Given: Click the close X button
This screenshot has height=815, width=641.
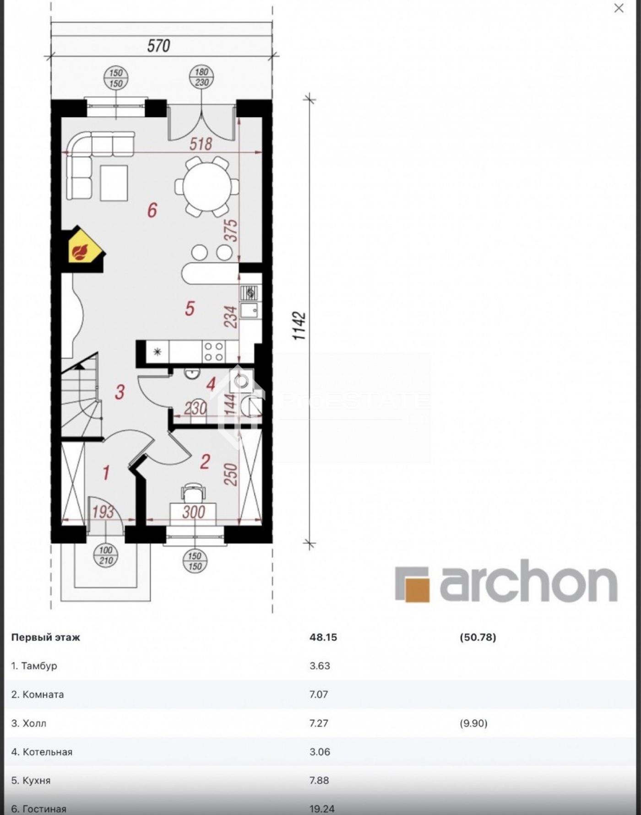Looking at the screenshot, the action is click(x=619, y=8).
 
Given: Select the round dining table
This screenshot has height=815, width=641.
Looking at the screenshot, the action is click(x=207, y=187).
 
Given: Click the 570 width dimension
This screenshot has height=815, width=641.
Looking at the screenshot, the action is click(x=158, y=46).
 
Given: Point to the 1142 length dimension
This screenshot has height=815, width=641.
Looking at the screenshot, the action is click(x=299, y=326).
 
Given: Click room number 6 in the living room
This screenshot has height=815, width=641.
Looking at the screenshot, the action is click(x=152, y=210).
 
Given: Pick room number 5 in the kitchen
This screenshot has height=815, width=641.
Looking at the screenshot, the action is click(x=190, y=308).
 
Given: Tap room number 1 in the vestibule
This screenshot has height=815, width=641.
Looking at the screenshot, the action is click(x=106, y=473).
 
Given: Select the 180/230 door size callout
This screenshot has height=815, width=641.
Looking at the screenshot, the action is click(x=201, y=77).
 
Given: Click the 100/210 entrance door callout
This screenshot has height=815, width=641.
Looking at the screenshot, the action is click(x=106, y=555).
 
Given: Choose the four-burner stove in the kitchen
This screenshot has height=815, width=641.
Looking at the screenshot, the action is click(x=213, y=352).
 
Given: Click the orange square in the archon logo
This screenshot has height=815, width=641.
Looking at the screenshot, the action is click(x=417, y=590).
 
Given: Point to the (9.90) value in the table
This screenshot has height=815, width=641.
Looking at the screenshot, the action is click(x=474, y=723).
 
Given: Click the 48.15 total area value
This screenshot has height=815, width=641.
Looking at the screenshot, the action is click(x=323, y=637).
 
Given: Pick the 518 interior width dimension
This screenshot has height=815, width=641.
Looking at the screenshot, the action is click(x=201, y=144).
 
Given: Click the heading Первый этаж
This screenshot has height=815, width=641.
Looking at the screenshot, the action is click(x=45, y=637).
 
